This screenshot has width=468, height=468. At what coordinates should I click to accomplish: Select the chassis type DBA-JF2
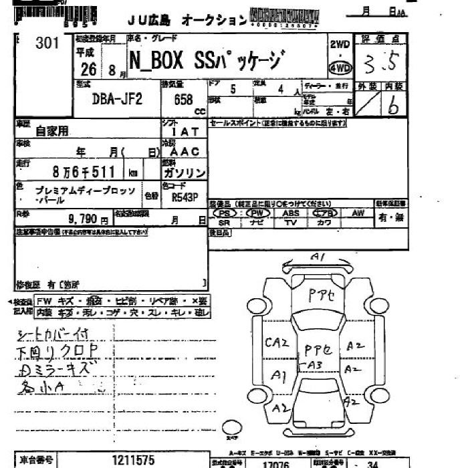[x=116, y=100]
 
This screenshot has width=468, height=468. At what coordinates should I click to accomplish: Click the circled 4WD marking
[x=340, y=68]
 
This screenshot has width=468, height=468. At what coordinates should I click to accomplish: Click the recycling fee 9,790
[x=85, y=219]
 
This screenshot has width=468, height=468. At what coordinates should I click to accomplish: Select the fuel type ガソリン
[x=185, y=172]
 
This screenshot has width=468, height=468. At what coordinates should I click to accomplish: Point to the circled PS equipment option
[x=225, y=213]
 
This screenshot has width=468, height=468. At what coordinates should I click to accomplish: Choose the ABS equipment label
[x=291, y=213]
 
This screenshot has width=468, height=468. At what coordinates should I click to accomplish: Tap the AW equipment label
[x=358, y=213]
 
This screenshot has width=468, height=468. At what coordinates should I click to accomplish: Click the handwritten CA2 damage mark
[x=276, y=343]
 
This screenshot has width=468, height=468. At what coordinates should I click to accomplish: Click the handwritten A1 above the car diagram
[x=318, y=256]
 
